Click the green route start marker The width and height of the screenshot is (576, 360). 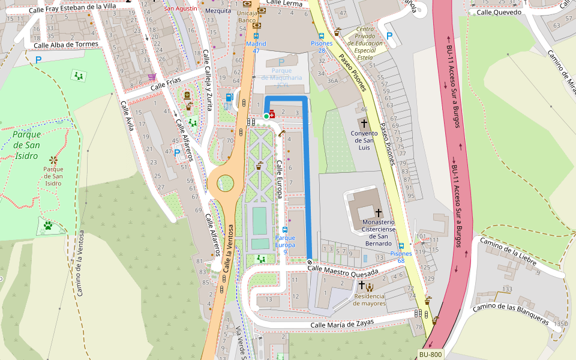coord(266,116)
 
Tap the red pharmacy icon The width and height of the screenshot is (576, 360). coord(272,114)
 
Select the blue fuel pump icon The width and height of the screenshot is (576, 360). coord(229,97)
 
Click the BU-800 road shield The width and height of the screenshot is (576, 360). coord(430,355)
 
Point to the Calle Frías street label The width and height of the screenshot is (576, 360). coord(166,86)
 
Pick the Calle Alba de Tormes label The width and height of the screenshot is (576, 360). coord(66,45)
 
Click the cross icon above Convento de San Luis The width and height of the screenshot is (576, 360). coord(364,122)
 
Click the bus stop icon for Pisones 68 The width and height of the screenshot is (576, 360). coord(401,245)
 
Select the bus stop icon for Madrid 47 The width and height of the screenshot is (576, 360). coord(256,36)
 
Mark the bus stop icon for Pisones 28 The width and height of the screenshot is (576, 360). coord(322,35)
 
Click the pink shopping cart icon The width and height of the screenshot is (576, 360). coord(152,77)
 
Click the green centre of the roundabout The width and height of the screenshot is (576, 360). coord(225,180)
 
